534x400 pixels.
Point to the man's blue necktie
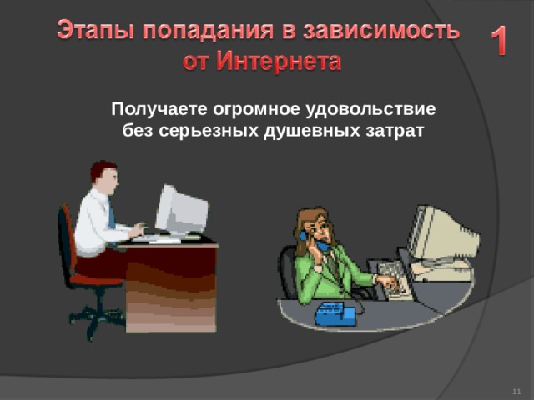point(111,216)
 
